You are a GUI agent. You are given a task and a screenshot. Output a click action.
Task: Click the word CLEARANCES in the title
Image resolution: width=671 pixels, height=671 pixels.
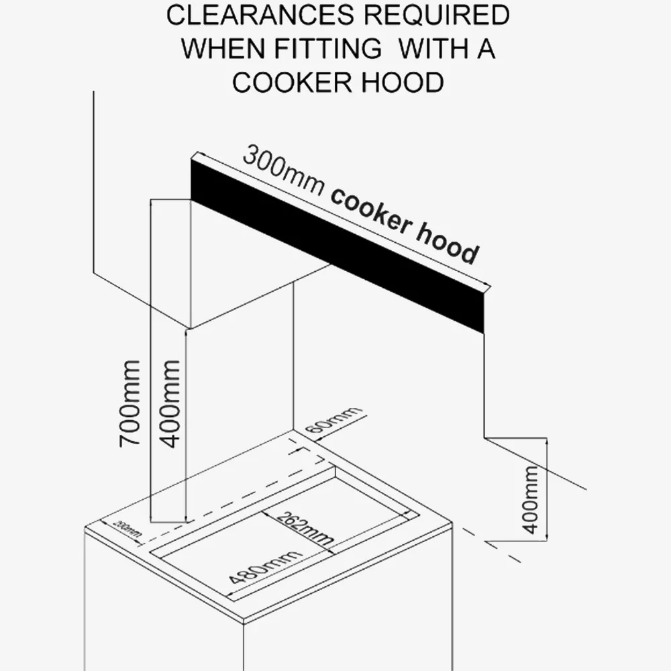pos(260,15)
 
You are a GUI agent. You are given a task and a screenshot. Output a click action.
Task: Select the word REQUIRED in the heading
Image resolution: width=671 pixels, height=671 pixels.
pos(437,15)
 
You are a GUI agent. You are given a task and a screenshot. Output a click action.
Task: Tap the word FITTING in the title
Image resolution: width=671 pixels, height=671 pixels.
pos(327,48)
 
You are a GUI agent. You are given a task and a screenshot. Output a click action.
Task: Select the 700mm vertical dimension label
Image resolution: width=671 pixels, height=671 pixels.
pos(130,404)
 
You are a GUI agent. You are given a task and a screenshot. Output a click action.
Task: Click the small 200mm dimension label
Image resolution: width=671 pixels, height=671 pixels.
pos(127,529)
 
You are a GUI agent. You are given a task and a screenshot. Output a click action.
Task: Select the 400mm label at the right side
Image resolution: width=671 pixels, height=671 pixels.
pos(530,499)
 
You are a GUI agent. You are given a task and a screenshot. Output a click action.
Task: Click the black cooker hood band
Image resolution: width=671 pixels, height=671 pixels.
pos(338,245)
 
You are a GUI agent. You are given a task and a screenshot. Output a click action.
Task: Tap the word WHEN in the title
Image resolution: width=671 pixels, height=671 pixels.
pos(223,48)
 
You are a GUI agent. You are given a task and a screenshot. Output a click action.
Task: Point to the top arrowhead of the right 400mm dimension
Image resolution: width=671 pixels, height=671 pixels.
pos(546,442)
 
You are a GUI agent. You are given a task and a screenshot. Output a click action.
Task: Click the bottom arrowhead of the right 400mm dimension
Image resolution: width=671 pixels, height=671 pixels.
pos(546,537)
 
